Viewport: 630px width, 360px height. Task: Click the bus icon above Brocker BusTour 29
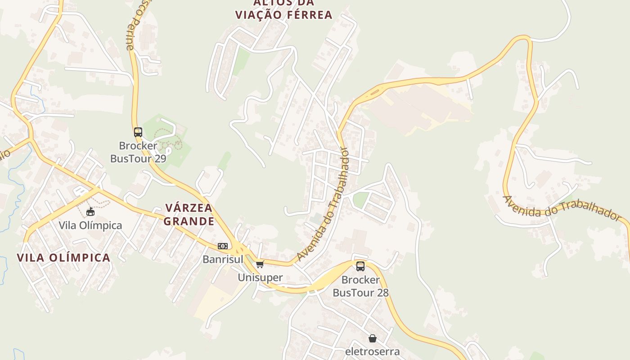coord(138,132)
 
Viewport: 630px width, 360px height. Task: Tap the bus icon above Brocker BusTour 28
coord(360,266)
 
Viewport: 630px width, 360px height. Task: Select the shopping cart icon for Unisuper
coord(260,264)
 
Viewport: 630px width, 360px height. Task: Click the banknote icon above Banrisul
coord(223,246)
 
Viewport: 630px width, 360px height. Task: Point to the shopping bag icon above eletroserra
coord(373,338)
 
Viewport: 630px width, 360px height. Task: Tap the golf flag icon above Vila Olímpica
coord(90,211)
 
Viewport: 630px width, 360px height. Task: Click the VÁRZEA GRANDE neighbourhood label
coord(189,215)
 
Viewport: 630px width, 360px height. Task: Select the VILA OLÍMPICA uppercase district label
coord(63,258)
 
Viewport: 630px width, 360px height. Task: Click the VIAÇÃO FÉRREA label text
coord(283,14)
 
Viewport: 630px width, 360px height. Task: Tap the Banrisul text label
coord(223,259)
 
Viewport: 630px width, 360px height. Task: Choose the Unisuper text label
coord(260,277)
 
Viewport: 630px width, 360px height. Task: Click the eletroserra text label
coord(372,351)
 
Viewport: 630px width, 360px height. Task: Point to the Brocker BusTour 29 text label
coord(138,152)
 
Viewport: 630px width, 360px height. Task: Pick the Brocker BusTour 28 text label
coord(360,286)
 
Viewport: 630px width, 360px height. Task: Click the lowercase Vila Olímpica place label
coord(90,225)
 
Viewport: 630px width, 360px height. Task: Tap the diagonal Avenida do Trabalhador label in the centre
coord(323,205)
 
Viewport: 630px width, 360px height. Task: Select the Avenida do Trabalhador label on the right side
coord(561,209)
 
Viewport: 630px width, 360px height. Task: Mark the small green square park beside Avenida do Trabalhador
coord(360,200)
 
